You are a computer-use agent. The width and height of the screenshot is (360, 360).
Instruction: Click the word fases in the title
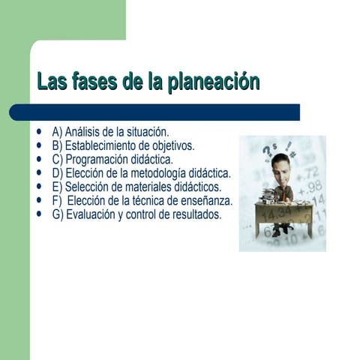pos(95,81)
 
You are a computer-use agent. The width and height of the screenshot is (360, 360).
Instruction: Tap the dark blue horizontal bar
pos(154,112)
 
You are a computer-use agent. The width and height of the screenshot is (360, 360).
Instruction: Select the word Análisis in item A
pos(82,132)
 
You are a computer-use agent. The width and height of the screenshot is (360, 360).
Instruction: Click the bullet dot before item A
pos(39,131)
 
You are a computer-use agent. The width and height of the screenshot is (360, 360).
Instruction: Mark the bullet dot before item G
pos(39,214)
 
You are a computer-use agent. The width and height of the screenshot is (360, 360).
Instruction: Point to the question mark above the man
pos(267,152)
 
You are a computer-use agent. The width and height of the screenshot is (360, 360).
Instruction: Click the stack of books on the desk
pos(267,196)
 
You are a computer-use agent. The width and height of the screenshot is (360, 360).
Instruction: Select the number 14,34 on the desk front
pos(277,213)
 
